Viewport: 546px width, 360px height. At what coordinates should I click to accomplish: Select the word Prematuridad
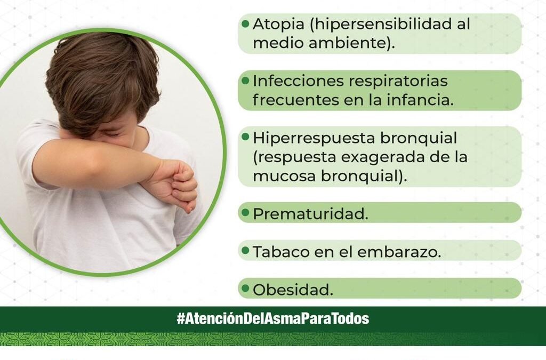point(310,214)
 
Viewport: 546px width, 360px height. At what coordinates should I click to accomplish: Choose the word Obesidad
point(293,290)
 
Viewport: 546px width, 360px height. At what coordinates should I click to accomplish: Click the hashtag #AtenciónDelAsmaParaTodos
point(272,319)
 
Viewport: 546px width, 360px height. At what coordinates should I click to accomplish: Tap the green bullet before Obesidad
point(245,288)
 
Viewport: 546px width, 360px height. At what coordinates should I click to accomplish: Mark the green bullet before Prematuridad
point(245,212)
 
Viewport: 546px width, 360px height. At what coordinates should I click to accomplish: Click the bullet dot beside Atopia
point(245,23)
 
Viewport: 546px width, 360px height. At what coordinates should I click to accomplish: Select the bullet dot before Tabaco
point(245,250)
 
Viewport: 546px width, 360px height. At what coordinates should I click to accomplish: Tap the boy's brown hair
point(101,75)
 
